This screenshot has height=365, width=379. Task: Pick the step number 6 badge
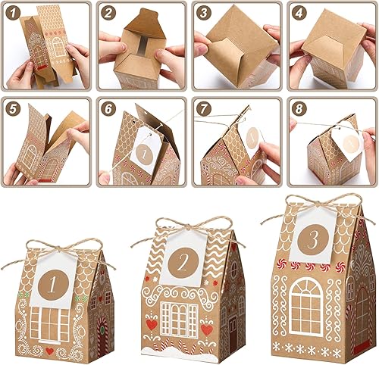[107, 107]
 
